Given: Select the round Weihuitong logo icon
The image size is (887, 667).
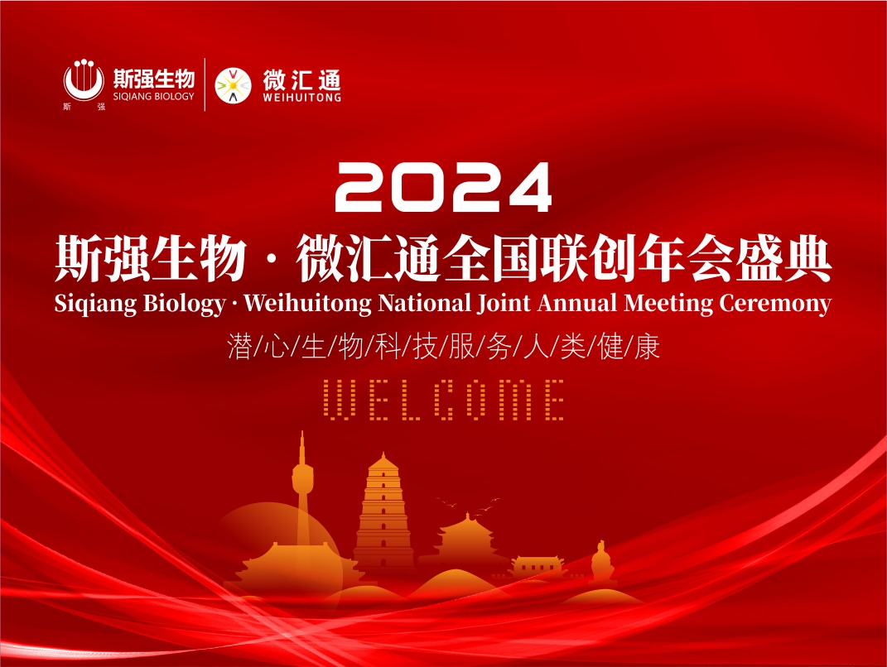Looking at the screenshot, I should point(233,85).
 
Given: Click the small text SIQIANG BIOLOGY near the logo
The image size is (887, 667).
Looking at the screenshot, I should point(154,96).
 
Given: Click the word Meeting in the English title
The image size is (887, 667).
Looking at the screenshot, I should point(668,304).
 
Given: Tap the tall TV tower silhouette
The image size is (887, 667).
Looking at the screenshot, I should point(302,488).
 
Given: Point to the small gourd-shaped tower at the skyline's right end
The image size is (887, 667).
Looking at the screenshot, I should point(601,563).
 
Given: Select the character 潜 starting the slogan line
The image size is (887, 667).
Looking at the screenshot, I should point(240,347).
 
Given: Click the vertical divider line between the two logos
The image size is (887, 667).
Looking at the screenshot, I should point(205,84).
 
